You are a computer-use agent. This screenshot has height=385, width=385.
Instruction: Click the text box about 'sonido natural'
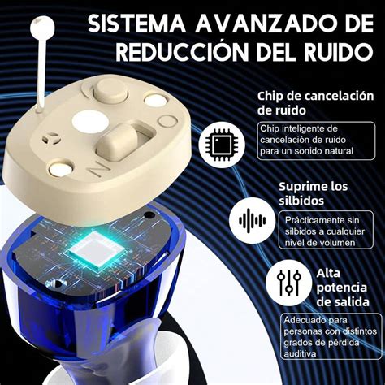point(306,141)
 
